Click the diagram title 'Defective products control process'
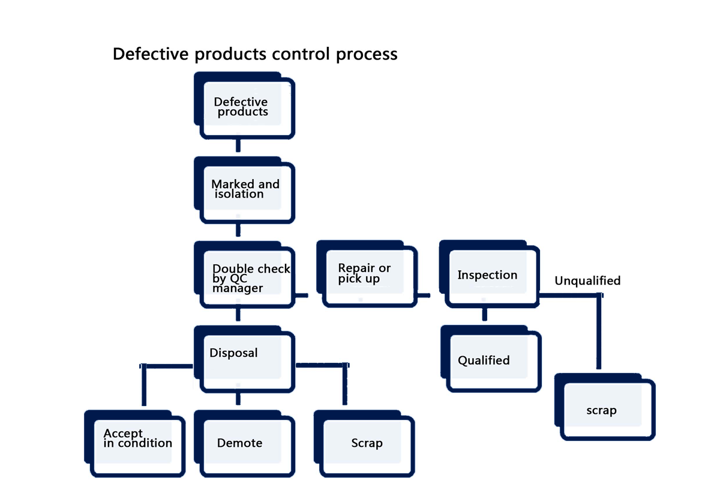click(x=255, y=53)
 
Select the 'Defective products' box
click(x=245, y=106)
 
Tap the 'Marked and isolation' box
click(x=245, y=190)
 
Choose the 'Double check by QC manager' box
click(x=245, y=275)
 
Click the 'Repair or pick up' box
click(x=367, y=274)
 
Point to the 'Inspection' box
click(x=490, y=274)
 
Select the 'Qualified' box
click(x=491, y=359)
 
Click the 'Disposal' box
click(x=245, y=359)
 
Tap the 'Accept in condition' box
click(x=134, y=444)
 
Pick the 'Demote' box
click(x=245, y=444)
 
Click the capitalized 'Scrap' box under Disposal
click(x=364, y=444)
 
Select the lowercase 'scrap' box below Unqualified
click(x=605, y=407)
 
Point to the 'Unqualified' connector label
click(x=587, y=281)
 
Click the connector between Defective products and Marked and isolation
click(x=238, y=145)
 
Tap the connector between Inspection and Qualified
click(x=485, y=314)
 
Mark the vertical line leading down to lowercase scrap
click(x=599, y=332)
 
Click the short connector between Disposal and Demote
click(x=238, y=399)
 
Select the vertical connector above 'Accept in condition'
click(x=144, y=385)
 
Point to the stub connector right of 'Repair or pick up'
click(x=424, y=296)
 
